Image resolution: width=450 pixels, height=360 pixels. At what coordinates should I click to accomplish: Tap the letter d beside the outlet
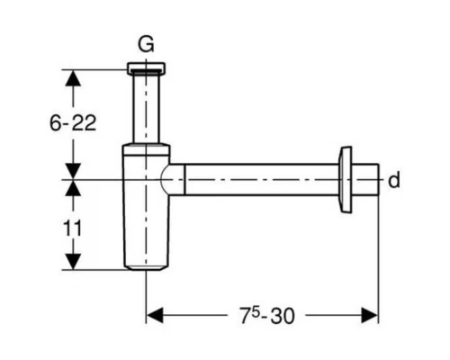(393, 181)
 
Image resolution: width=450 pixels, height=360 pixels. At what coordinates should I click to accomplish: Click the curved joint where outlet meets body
(170, 180)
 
